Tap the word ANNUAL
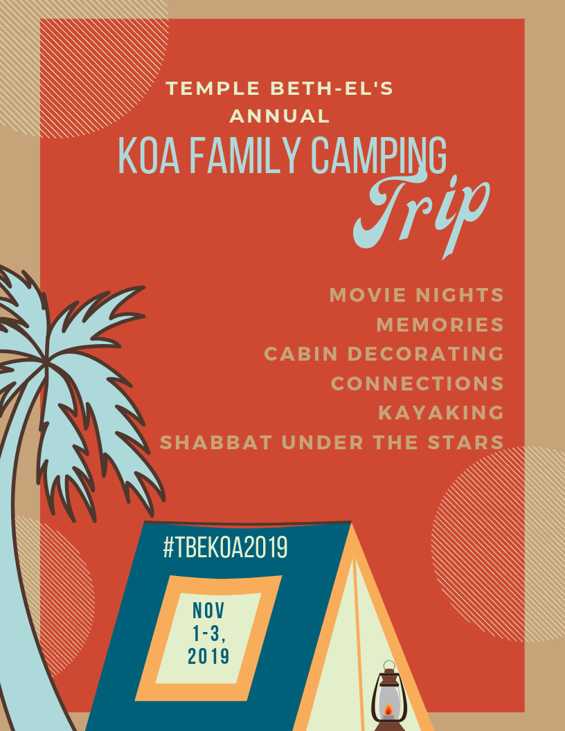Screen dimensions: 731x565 click(280, 116)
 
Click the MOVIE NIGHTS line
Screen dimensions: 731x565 click(416, 296)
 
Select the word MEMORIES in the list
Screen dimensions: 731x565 click(440, 325)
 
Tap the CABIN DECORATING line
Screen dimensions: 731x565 click(384, 354)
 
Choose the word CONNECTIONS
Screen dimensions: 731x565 click(417, 383)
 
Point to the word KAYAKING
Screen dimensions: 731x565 click(440, 413)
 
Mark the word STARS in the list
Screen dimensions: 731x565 click(469, 442)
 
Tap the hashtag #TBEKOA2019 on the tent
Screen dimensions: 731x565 click(225, 548)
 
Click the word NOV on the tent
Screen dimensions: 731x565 click(209, 611)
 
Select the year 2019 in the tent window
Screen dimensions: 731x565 click(208, 656)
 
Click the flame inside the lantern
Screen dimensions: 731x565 click(388, 710)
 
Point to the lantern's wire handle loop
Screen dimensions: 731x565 click(389, 666)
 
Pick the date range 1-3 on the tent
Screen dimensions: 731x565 click(209, 633)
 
